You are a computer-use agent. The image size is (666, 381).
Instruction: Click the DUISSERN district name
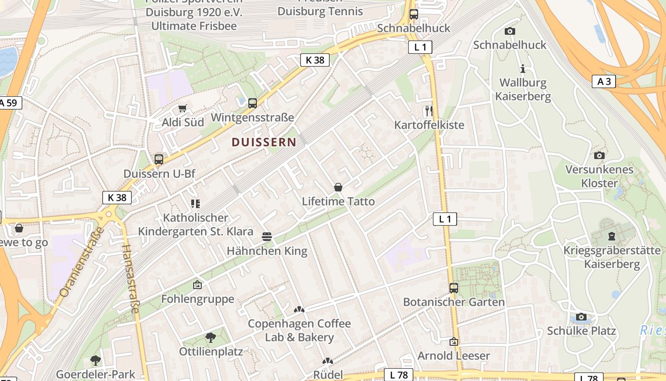coord(264,142)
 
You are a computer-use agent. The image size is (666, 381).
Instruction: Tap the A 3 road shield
coord(604,81)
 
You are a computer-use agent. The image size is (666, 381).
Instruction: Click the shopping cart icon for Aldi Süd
coord(183,109)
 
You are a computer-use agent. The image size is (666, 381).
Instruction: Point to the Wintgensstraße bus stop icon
coord(253,103)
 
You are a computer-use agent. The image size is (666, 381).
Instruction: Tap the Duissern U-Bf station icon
coord(159,160)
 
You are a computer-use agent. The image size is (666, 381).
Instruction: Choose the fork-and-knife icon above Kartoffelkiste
coord(429,111)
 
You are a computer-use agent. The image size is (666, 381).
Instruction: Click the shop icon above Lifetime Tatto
coord(338,187)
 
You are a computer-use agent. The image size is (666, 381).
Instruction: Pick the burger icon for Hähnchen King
coord(267,236)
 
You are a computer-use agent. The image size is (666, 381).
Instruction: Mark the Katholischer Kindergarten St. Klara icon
coord(195,204)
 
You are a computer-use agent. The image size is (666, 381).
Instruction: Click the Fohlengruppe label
coord(198,299)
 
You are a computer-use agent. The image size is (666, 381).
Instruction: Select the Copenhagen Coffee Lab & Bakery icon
coord(299,310)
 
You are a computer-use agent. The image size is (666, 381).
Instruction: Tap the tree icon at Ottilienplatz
coord(211,338)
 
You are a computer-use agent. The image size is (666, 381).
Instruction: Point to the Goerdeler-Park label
coord(96,374)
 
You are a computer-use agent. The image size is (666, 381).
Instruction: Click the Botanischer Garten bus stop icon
coord(454,288)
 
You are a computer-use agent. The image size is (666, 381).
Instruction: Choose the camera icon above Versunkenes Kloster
coord(599,155)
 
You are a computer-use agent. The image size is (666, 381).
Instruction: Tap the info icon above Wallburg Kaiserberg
coord(523,69)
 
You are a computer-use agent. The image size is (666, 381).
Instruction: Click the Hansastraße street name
coord(130,279)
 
